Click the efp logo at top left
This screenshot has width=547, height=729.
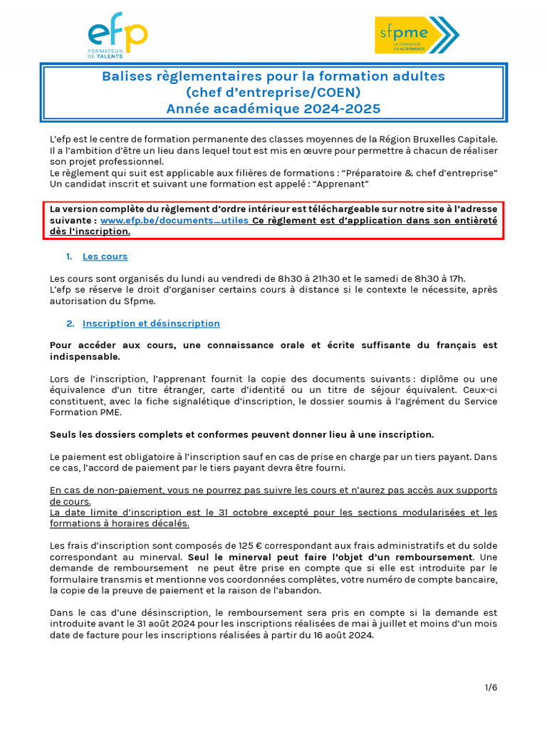[118, 39]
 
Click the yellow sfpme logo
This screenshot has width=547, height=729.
[417, 35]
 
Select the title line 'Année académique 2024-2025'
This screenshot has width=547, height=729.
[273, 109]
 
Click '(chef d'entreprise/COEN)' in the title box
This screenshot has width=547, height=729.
[273, 93]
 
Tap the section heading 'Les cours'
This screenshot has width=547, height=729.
[105, 256]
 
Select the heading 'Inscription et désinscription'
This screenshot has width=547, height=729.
[151, 323]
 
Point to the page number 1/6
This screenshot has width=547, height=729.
[491, 687]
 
